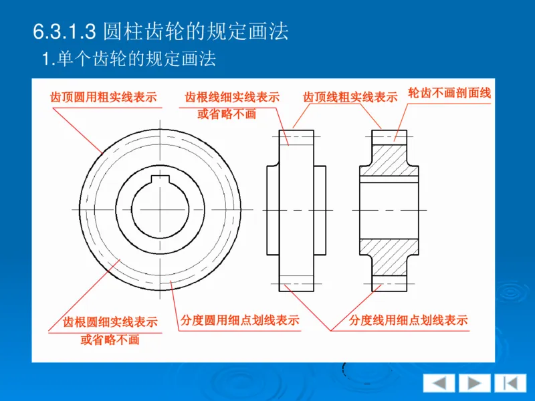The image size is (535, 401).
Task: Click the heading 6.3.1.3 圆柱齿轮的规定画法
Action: click(x=160, y=30)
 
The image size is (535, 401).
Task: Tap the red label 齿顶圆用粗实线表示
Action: click(x=104, y=97)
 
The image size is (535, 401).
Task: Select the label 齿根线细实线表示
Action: click(x=232, y=98)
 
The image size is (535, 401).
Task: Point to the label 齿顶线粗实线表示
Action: click(x=350, y=98)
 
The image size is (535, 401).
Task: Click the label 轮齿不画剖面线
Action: click(x=449, y=94)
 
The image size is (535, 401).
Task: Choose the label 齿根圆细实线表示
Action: click(x=110, y=322)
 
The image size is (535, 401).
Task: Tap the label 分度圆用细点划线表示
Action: click(x=240, y=321)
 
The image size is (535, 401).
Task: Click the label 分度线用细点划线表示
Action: click(x=409, y=321)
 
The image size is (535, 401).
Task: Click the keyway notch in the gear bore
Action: click(x=160, y=179)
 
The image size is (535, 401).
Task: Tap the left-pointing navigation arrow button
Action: click(x=439, y=382)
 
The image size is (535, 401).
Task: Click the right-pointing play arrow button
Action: click(x=474, y=382)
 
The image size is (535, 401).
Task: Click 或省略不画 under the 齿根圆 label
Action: click(x=110, y=340)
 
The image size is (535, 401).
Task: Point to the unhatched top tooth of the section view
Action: click(x=389, y=136)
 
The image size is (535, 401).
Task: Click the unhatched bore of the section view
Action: click(x=389, y=211)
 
